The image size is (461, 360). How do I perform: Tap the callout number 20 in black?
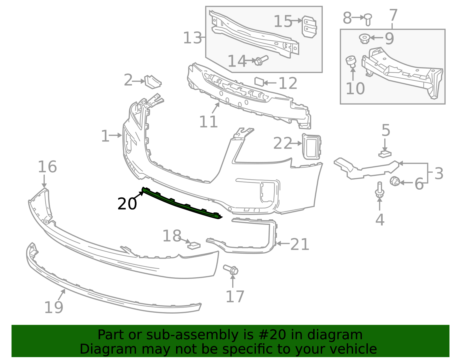(x=127, y=204)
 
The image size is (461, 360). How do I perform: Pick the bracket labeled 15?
(x=309, y=26)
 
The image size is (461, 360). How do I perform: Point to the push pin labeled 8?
(x=368, y=19)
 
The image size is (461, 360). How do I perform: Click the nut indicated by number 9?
(x=364, y=38)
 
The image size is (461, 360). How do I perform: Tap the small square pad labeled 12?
(x=259, y=82)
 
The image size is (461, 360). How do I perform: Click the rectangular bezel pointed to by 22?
(x=311, y=147)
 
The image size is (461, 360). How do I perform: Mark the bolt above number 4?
(x=379, y=190)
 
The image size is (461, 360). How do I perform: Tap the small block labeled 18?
(x=194, y=245)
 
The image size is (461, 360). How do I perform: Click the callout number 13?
(x=192, y=38)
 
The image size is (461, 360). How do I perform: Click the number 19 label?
(x=54, y=307)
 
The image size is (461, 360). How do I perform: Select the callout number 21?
(x=300, y=244)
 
